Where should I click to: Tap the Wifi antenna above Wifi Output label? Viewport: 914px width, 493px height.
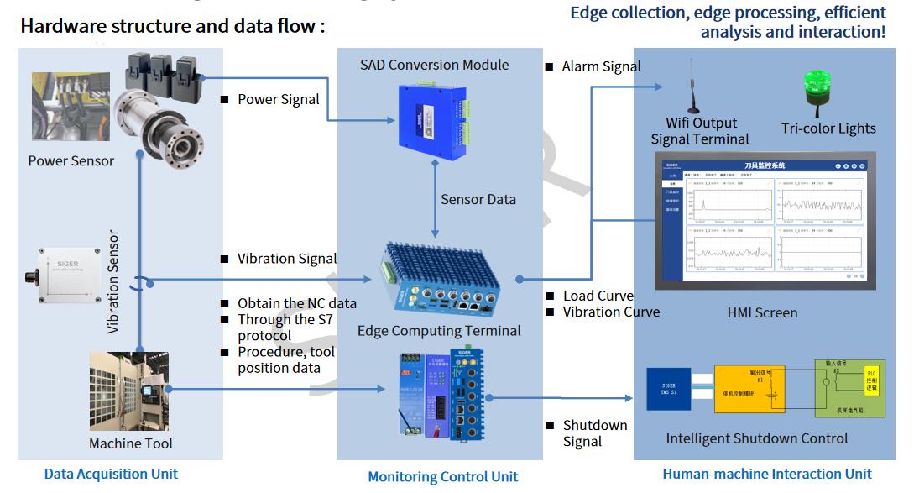[x=693, y=87]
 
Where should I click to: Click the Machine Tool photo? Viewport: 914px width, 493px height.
[x=128, y=391]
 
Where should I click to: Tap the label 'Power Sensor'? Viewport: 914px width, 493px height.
[x=71, y=160]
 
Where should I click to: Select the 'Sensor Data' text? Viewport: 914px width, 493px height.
[x=478, y=199]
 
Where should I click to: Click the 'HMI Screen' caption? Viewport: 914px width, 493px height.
[x=762, y=312]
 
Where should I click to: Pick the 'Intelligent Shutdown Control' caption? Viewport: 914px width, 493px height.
[x=756, y=438]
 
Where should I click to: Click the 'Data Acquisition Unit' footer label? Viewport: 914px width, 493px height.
[x=111, y=474]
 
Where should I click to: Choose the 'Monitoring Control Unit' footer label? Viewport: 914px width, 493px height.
[x=442, y=476]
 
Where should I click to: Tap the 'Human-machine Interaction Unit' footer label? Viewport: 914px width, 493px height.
[x=767, y=474]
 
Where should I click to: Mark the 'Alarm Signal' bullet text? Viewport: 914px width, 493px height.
[x=601, y=66]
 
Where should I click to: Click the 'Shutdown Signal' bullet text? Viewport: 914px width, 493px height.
[x=594, y=433]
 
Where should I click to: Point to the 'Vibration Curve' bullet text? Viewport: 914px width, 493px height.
[x=611, y=312]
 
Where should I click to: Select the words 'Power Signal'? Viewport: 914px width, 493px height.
[x=278, y=99]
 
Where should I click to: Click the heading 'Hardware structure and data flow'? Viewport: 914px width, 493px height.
[x=172, y=25]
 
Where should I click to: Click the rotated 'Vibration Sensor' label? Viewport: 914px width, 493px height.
[x=114, y=282]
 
